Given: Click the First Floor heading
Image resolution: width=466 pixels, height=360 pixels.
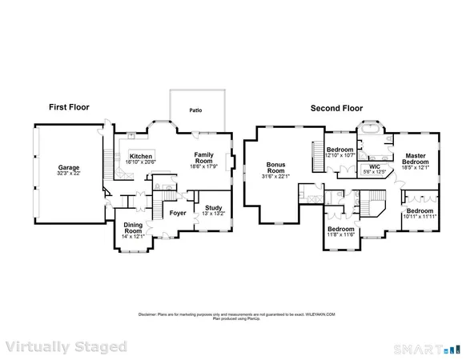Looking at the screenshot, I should (x=69, y=106).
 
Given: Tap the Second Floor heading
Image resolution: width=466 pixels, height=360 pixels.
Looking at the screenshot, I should (x=339, y=106).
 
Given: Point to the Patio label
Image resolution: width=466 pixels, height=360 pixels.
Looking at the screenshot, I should (x=195, y=111).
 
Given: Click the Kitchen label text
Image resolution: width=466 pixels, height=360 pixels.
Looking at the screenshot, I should (x=141, y=156).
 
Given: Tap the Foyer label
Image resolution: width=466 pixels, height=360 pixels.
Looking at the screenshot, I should (x=177, y=213).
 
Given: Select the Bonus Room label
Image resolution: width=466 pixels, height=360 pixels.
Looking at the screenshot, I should (x=275, y=167).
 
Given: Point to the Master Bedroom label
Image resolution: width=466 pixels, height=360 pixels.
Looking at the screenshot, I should (x=415, y=158).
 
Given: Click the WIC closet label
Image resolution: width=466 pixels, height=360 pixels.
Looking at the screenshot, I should (x=375, y=166).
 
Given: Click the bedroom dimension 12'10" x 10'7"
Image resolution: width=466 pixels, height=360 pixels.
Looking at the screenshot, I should (x=339, y=155).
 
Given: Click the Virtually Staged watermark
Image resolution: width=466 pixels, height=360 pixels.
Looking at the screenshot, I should (x=66, y=346).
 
